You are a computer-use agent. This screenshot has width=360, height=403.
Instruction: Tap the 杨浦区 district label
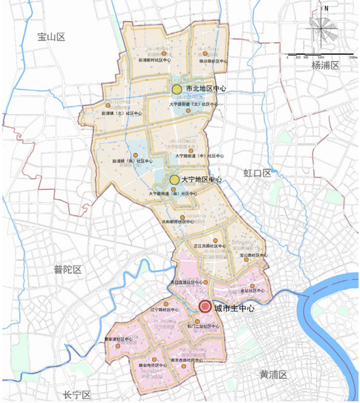click(326, 66)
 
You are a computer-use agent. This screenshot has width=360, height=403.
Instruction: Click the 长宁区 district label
click(77, 394)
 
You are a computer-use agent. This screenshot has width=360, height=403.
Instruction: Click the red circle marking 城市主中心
click(205, 306)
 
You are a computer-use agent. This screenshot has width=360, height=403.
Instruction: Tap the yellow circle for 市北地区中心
click(177, 89)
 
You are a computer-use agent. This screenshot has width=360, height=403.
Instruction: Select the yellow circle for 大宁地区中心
click(174, 179)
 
